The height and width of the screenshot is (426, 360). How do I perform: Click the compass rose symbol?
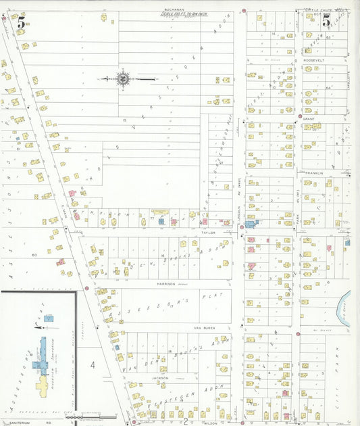(x=124, y=80)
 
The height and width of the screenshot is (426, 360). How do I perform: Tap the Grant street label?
(x=309, y=118)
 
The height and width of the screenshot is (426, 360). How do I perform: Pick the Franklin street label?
(x=315, y=173)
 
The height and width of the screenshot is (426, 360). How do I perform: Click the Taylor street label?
(x=208, y=232)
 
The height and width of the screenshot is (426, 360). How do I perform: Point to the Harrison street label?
(x=165, y=283)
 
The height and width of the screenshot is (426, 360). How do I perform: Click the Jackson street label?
(x=159, y=377)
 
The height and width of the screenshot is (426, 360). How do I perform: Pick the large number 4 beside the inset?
(x=93, y=365)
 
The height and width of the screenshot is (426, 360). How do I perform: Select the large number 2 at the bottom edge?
(x=184, y=420)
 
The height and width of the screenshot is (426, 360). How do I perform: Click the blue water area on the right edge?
(x=346, y=308)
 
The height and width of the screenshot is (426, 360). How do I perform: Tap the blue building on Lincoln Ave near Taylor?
(x=251, y=223)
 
